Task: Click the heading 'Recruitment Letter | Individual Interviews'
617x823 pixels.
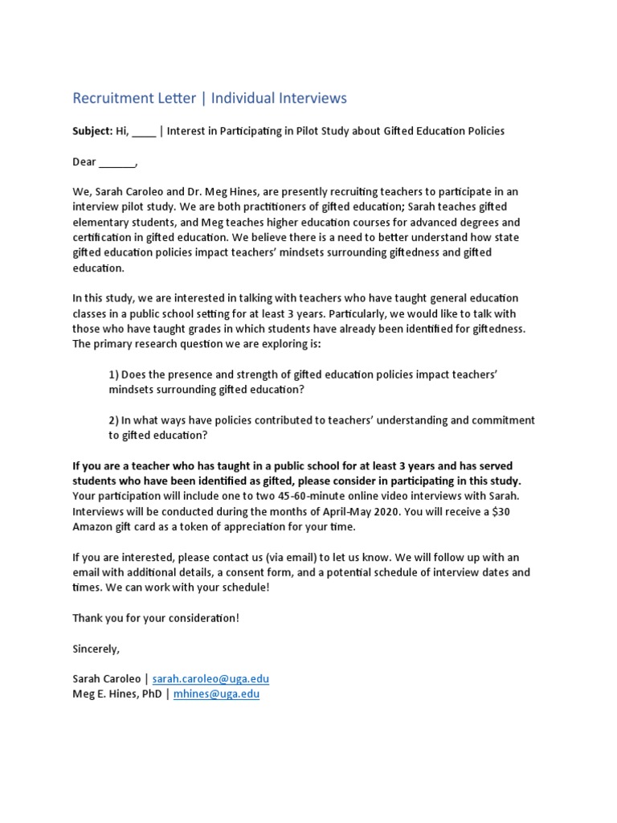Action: pos(210,98)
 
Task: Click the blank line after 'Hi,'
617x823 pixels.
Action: pos(145,132)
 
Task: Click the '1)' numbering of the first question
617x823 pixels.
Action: pos(114,375)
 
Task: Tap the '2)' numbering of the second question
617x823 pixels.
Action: pos(114,420)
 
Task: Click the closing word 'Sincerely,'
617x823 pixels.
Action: pos(96,649)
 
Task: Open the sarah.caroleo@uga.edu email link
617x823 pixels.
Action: pos(210,679)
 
